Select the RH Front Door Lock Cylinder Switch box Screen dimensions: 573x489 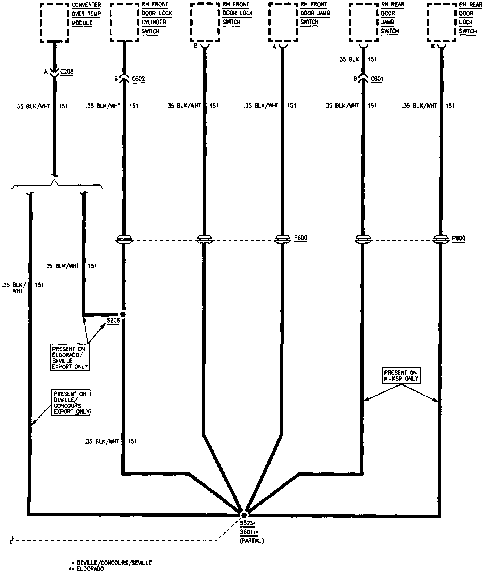(124, 23)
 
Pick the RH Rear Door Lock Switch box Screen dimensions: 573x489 (442, 23)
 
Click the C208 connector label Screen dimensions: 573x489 (67, 72)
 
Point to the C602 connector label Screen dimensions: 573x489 (138, 79)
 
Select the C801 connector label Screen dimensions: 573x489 (377, 79)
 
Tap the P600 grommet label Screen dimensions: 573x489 (300, 238)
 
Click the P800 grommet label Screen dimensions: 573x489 (458, 238)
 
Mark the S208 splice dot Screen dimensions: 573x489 (122, 314)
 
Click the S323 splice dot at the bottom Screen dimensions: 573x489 (244, 515)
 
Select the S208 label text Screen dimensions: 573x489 (113, 321)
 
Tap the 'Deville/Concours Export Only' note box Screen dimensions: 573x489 (71, 402)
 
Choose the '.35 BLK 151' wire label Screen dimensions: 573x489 (357, 59)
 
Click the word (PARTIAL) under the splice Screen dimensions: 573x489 (251, 541)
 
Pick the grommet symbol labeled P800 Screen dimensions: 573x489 (441, 239)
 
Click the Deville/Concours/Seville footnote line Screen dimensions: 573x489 (111, 563)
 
